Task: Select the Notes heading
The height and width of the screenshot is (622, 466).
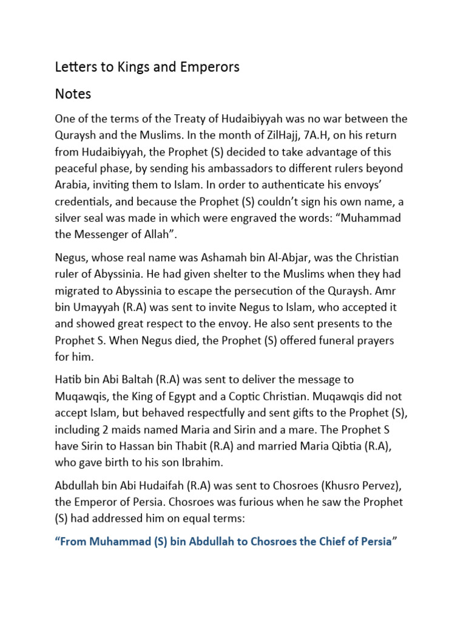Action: (73, 94)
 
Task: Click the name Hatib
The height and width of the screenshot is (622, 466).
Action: (69, 380)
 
